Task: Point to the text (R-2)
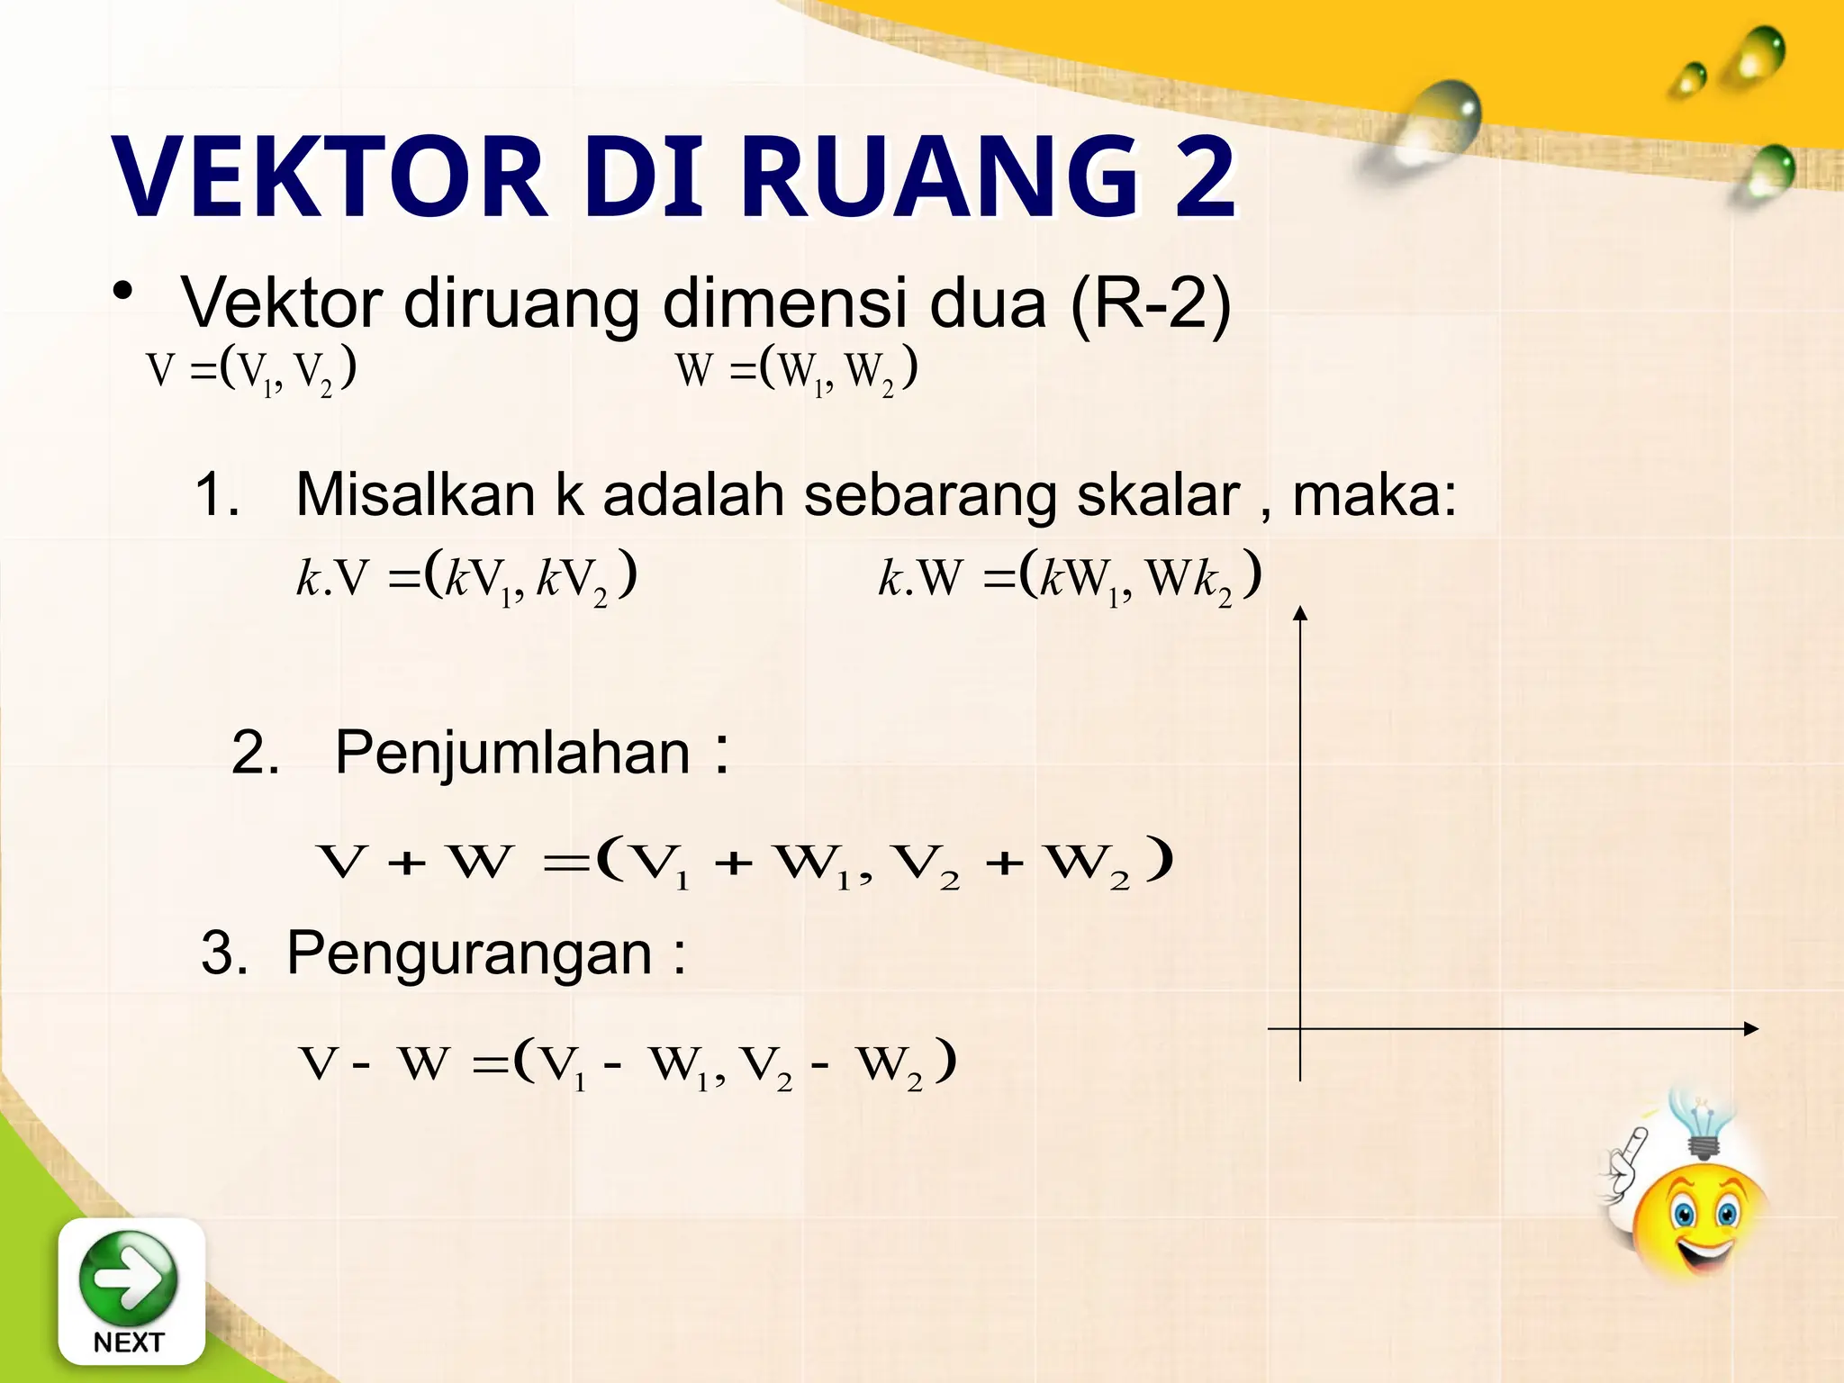tap(1151, 303)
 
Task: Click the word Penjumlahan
tap(512, 753)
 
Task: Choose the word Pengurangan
tap(469, 954)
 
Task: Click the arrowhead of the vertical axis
tap(1299, 614)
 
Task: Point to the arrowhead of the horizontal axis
tap(1750, 1028)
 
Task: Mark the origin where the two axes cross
tap(1300, 1028)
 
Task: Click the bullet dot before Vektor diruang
tap(122, 294)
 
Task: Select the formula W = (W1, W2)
tap(797, 370)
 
